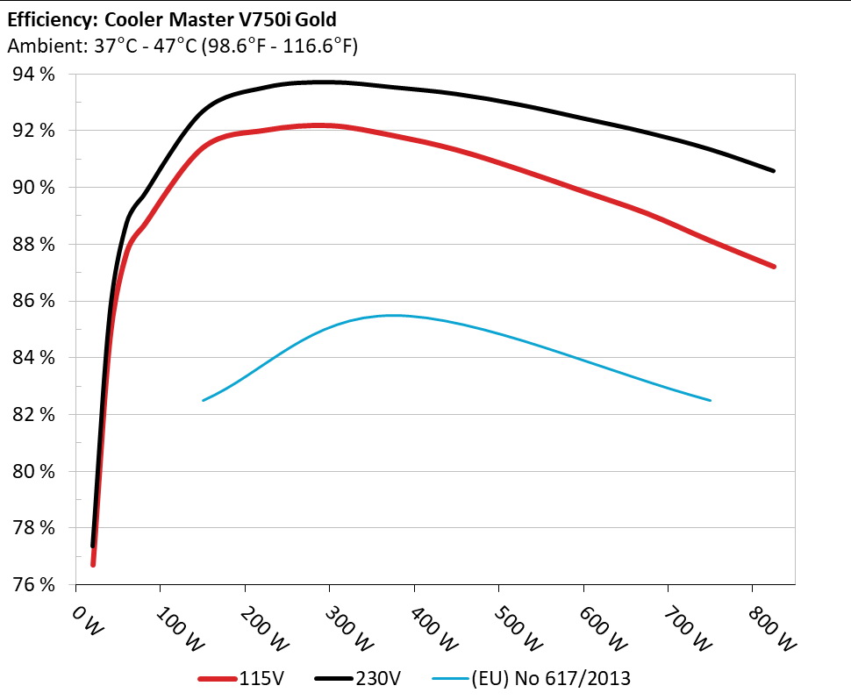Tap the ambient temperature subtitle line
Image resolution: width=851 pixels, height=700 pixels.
pyautogui.click(x=182, y=46)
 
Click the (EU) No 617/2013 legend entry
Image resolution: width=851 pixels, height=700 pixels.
pyautogui.click(x=533, y=677)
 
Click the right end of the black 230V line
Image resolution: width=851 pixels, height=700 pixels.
pyautogui.click(x=774, y=170)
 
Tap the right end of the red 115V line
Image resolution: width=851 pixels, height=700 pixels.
pyautogui.click(x=774, y=266)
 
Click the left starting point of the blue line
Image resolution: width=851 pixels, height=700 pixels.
pyautogui.click(x=204, y=400)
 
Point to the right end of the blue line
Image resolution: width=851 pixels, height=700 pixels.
pyautogui.click(x=710, y=400)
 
